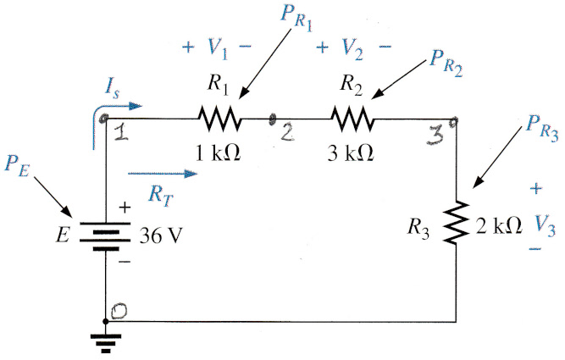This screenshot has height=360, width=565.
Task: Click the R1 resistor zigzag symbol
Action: coord(219,119)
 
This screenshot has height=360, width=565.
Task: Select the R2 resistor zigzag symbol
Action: coord(352,119)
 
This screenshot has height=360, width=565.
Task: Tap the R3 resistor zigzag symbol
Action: coord(457,222)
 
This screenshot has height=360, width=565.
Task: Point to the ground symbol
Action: coord(106,343)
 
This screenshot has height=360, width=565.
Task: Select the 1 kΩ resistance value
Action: coord(218,152)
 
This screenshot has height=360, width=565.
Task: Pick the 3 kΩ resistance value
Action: coord(350,152)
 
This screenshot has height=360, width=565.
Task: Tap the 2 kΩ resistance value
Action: coord(498,226)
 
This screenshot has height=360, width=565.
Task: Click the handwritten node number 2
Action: coord(287,133)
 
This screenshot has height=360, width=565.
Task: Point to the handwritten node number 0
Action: coord(119,312)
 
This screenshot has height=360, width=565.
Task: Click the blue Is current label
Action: coord(113,89)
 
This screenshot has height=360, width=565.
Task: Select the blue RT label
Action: coord(161,197)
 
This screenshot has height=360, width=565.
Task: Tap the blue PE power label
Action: coord(17,168)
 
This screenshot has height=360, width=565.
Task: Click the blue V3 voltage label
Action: coord(545,227)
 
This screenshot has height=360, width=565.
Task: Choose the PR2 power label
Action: coord(446,64)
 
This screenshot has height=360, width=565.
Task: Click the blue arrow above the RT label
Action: coord(163,174)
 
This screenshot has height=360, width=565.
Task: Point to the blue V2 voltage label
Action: coord(352,48)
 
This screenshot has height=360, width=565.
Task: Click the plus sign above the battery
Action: coord(125,208)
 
